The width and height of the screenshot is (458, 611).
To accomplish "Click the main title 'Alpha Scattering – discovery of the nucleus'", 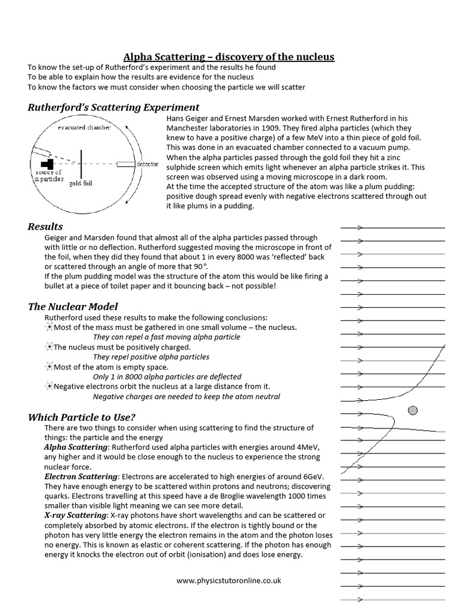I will coord(228,57).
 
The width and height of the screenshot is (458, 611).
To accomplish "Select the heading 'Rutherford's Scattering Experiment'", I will coord(113,107).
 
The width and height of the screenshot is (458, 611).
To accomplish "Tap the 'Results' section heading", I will coord(45,226).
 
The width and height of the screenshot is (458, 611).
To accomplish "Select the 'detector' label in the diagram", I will coord(147,163).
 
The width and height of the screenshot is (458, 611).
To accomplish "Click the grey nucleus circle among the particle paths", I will coord(412,410).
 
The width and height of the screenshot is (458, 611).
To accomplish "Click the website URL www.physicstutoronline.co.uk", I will coord(229,580).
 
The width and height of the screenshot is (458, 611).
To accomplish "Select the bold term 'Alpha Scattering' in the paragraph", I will coord(76,447).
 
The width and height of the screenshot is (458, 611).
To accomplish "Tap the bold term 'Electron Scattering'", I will coord(81,477).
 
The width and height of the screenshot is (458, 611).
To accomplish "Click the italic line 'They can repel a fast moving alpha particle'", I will coord(166,337).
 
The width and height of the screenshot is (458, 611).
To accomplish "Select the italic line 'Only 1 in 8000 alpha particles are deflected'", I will coord(167,377).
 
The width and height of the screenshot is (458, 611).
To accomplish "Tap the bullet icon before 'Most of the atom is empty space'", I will coord(49,367).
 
